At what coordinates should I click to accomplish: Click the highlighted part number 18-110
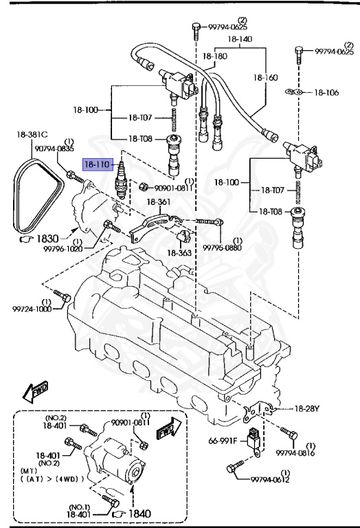coord(97,164)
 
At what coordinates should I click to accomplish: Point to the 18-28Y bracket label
coord(307,408)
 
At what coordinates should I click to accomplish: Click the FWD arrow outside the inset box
coord(33,392)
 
